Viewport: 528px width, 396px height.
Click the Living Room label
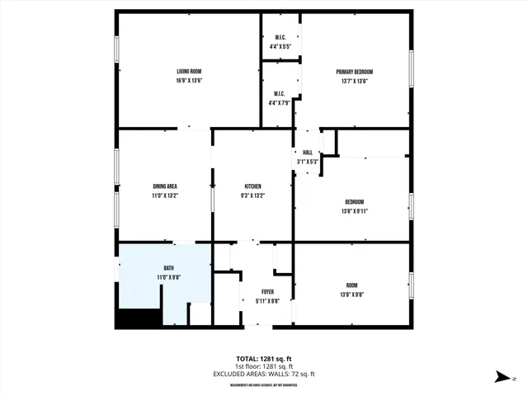[x=189, y=72]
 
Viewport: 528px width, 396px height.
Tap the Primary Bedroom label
[x=355, y=72]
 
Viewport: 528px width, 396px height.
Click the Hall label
[x=308, y=153]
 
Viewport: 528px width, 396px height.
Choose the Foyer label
[x=267, y=292]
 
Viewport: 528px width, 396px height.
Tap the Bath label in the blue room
[x=168, y=268]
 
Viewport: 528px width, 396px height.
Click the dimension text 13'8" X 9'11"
[x=355, y=211]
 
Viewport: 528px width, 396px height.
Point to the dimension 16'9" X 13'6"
[x=189, y=81]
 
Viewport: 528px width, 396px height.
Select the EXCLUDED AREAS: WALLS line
[x=264, y=375]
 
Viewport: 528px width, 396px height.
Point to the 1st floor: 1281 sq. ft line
[x=264, y=367]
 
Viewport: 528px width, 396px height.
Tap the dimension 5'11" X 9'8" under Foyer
[x=267, y=301]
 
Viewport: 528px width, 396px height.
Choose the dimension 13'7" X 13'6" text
[x=355, y=81]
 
